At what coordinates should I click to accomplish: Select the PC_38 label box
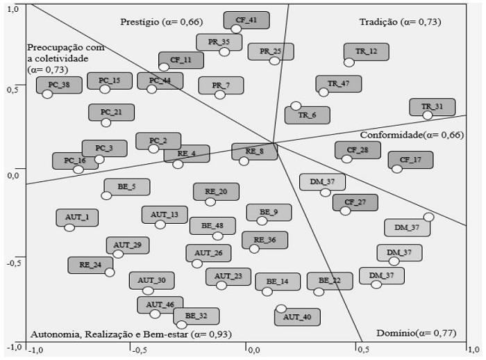click(x=59, y=85)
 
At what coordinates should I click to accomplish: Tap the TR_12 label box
click(x=366, y=51)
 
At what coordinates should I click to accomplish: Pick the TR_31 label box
click(x=432, y=106)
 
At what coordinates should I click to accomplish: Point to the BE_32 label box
click(x=196, y=316)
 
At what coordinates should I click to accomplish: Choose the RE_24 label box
click(x=90, y=265)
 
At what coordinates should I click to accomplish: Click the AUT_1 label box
click(x=77, y=218)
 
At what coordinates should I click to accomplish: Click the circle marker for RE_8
click(x=244, y=161)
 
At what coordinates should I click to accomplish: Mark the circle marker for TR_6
click(x=296, y=106)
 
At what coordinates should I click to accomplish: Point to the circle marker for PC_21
click(x=106, y=122)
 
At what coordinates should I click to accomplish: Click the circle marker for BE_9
click(x=262, y=220)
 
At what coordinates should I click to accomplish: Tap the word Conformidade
click(x=392, y=134)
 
